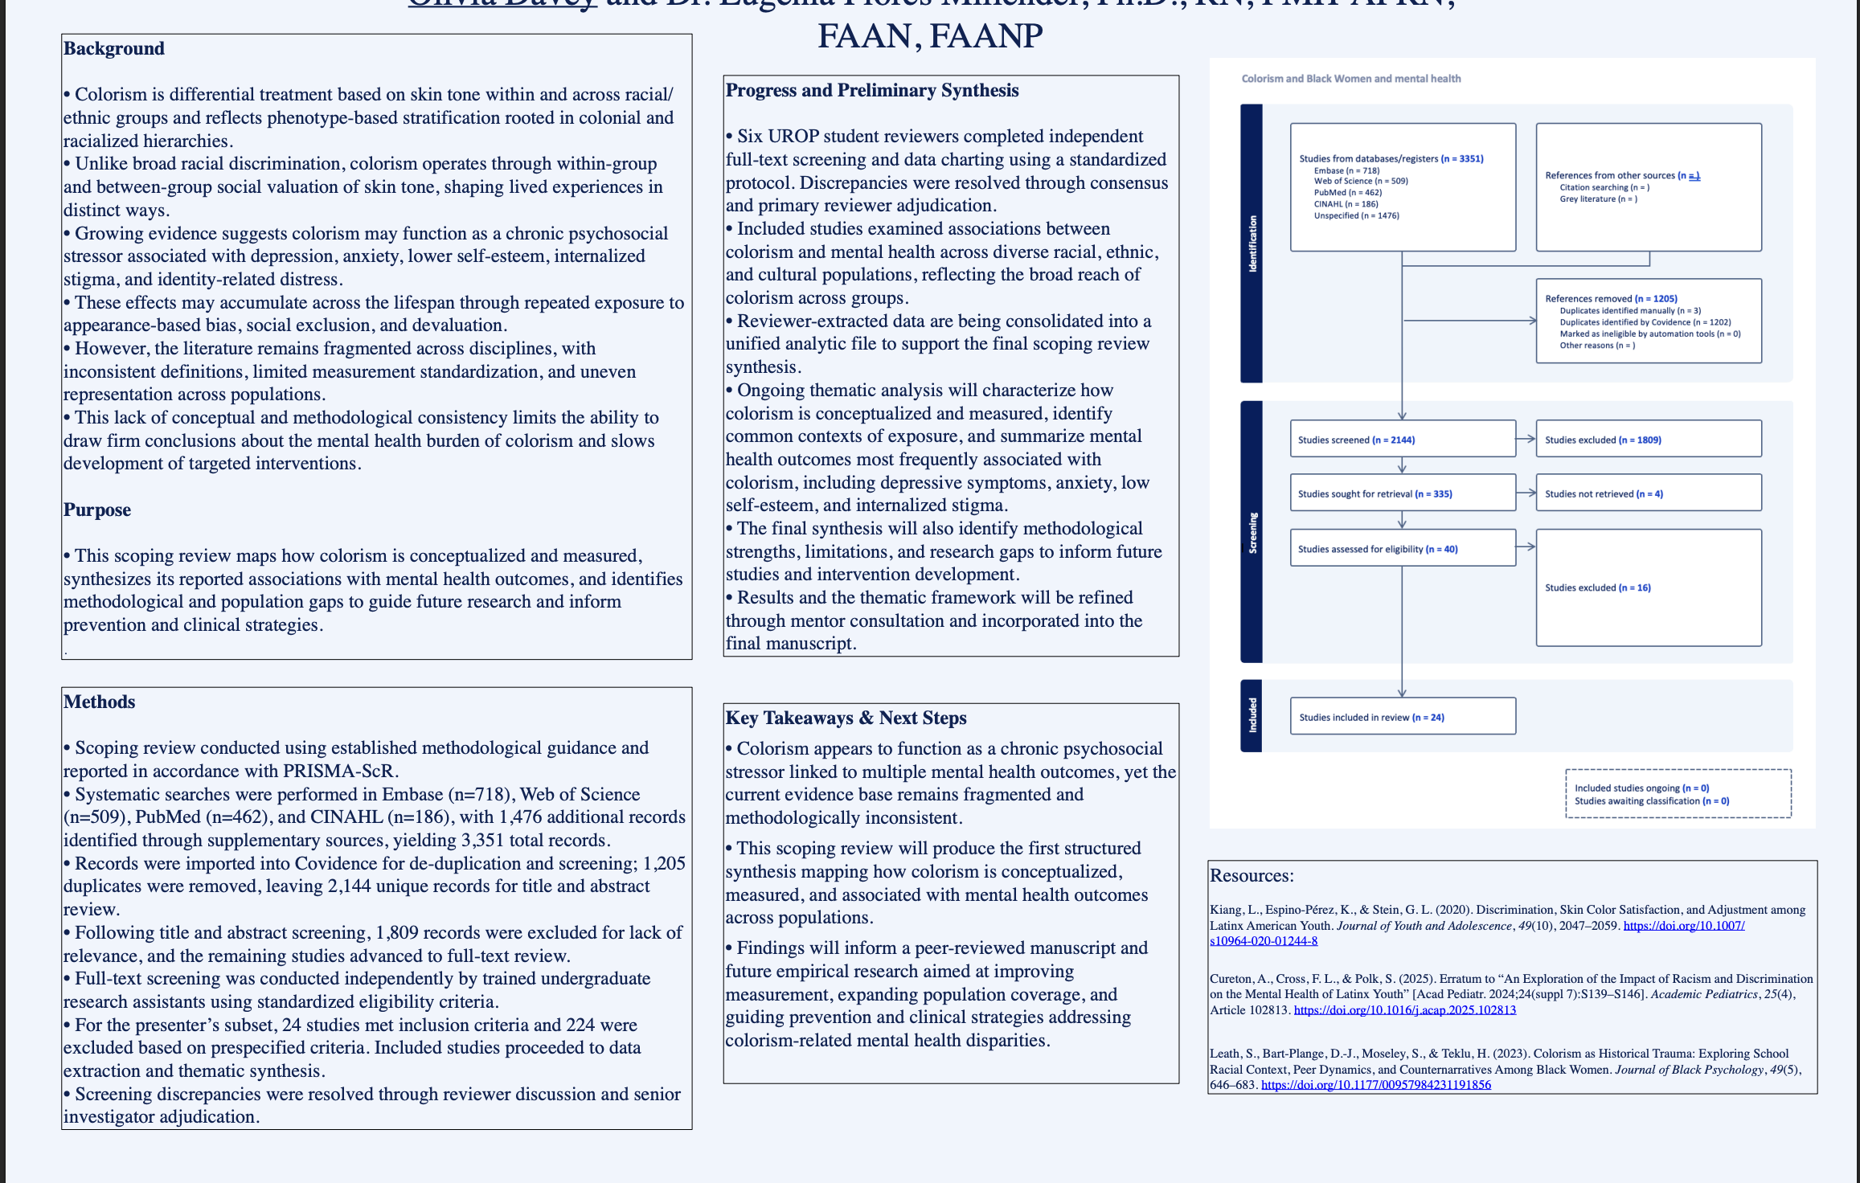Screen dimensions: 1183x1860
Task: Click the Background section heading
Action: pyautogui.click(x=113, y=49)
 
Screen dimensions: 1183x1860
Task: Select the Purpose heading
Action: pyautogui.click(x=97, y=510)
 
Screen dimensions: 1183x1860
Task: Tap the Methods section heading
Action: pyautogui.click(x=100, y=702)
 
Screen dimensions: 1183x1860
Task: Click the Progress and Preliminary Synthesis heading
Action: pyautogui.click(x=872, y=91)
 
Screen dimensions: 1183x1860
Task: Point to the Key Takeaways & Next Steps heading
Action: pyautogui.click(x=846, y=718)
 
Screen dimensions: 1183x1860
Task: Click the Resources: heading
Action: pyautogui.click(x=1252, y=876)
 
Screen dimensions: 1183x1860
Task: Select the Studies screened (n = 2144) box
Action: pyautogui.click(x=1402, y=440)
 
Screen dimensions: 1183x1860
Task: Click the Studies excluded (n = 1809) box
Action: pyautogui.click(x=1648, y=440)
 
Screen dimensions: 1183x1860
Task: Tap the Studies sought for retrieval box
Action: pyautogui.click(x=1402, y=493)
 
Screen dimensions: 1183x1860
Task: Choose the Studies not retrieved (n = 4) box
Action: pyautogui.click(x=1648, y=493)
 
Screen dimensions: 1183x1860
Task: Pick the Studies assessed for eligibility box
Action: pyautogui.click(x=1402, y=549)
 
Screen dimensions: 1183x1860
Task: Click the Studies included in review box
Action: pyautogui.click(x=1402, y=717)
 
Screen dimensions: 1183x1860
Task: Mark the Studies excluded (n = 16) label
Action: pyautogui.click(x=1597, y=587)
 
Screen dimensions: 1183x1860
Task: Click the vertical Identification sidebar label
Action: pyautogui.click(x=1252, y=244)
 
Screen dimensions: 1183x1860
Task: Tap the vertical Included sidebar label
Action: pyautogui.click(x=1252, y=715)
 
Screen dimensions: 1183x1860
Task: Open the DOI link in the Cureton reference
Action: pyautogui.click(x=1404, y=1010)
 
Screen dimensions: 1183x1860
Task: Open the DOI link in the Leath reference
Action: pyautogui.click(x=1375, y=1085)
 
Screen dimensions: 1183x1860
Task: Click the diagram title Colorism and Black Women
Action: pyautogui.click(x=1350, y=79)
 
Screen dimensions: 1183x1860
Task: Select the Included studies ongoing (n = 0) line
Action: pyautogui.click(x=1641, y=788)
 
